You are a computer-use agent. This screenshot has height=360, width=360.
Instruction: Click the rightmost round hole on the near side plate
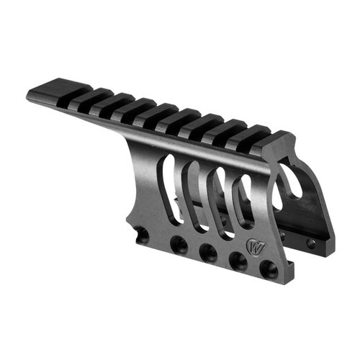[269, 269]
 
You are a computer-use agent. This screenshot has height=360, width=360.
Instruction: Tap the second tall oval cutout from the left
[192, 193]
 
